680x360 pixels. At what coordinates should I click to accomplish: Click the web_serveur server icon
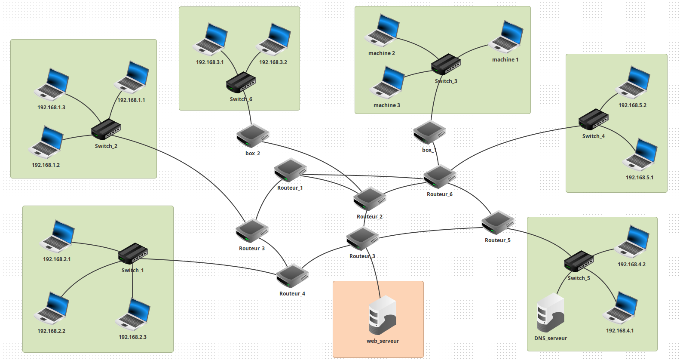click(382, 315)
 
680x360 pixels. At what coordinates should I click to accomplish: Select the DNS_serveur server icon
click(550, 313)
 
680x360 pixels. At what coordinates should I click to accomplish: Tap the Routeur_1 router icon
click(290, 170)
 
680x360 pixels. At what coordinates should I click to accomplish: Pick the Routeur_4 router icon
click(292, 276)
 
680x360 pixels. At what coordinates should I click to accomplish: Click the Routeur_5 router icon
click(498, 222)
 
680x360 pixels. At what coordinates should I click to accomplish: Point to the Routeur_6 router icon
click(439, 176)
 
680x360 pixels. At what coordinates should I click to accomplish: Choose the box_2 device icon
click(253, 135)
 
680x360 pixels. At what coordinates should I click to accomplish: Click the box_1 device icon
click(429, 132)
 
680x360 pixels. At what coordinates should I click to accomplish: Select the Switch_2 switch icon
click(106, 129)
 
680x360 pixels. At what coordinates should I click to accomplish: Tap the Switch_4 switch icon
click(593, 119)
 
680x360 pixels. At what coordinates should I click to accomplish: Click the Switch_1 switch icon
click(133, 253)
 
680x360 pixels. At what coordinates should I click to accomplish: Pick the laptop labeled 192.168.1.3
click(52, 84)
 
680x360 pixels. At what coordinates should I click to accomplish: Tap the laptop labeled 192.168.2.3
click(133, 314)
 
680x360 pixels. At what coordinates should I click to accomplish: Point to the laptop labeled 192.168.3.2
click(274, 40)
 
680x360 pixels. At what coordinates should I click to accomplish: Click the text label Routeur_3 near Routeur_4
click(251, 249)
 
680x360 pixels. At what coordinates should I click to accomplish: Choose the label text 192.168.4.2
click(631, 265)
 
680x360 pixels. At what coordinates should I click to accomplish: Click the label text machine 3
click(386, 105)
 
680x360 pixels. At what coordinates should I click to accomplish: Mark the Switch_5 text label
click(579, 278)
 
